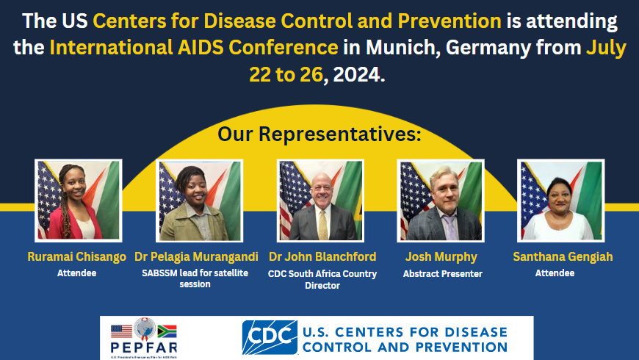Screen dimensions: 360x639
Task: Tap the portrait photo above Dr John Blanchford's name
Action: pos(320,201)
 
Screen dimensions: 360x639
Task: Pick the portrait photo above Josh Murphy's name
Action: pos(440,201)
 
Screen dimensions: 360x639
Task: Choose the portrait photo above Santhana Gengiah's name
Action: pos(561,201)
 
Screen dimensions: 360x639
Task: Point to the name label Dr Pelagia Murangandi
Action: pos(196,257)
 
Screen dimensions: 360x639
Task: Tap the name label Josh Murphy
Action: pos(441,257)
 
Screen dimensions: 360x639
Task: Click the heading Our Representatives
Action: pos(319,135)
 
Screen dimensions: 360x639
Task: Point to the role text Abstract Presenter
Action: pos(442,274)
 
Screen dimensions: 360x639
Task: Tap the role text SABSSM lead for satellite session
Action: pos(195,278)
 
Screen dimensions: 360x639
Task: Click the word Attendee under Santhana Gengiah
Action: pos(555,273)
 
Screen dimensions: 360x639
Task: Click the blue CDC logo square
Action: pos(270,337)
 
